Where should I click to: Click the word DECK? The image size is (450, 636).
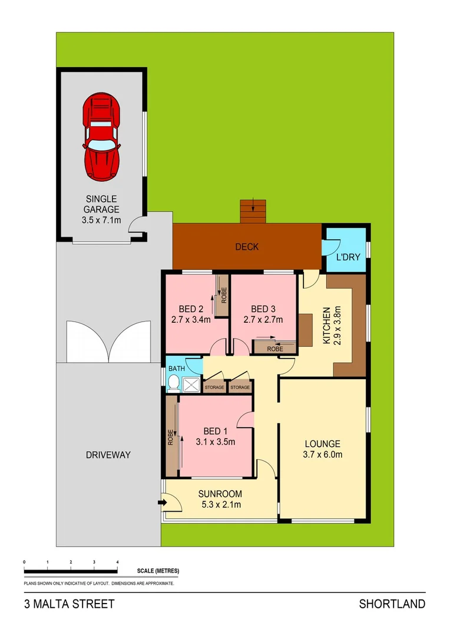[247, 247]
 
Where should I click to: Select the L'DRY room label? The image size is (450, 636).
[348, 257]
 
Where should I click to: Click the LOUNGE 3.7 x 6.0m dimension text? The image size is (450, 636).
[322, 454]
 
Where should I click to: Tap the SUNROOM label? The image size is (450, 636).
[220, 494]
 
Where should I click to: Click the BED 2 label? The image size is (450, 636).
[191, 309]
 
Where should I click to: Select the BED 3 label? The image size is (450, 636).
[263, 309]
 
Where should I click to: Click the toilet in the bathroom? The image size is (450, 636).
[174, 385]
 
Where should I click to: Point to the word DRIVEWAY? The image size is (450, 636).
[108, 455]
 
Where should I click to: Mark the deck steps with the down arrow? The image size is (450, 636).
[253, 211]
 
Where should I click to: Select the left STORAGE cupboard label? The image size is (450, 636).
[214, 387]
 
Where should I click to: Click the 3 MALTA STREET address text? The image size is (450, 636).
[69, 604]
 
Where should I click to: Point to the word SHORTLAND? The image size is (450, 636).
[392, 604]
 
